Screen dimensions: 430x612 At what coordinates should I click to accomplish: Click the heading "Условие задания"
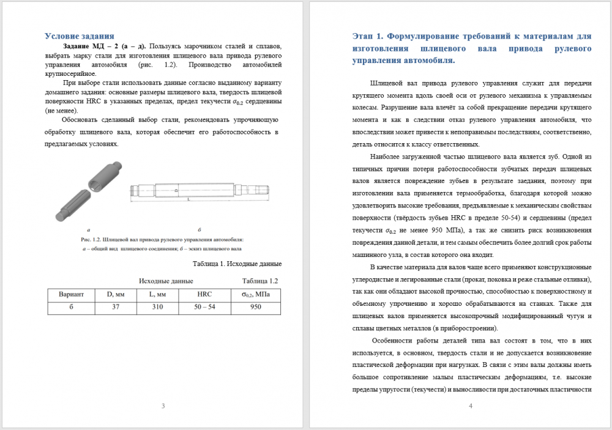coord(80,36)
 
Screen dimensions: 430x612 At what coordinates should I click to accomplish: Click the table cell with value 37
coord(116,306)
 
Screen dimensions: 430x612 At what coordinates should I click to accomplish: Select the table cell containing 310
coord(158,306)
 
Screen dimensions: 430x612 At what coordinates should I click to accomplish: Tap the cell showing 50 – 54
coord(204,306)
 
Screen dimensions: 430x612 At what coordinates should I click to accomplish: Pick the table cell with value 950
coord(256,306)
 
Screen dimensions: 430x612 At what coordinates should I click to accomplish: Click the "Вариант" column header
coord(71,294)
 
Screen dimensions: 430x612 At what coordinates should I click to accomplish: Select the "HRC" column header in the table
coord(204,294)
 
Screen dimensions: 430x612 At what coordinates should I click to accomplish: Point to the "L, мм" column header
coord(158,294)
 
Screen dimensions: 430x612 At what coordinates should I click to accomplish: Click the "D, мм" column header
coord(116,294)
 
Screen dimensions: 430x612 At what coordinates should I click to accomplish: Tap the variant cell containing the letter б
coord(71,306)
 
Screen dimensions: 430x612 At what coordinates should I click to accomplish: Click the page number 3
coord(163,406)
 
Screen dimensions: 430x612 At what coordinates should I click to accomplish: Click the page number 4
coord(470,406)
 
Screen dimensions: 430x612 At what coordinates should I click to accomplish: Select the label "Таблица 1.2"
coord(260,281)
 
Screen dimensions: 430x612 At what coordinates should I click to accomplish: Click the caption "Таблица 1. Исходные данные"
coord(237,264)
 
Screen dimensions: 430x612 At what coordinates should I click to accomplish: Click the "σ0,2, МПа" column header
coord(256,294)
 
